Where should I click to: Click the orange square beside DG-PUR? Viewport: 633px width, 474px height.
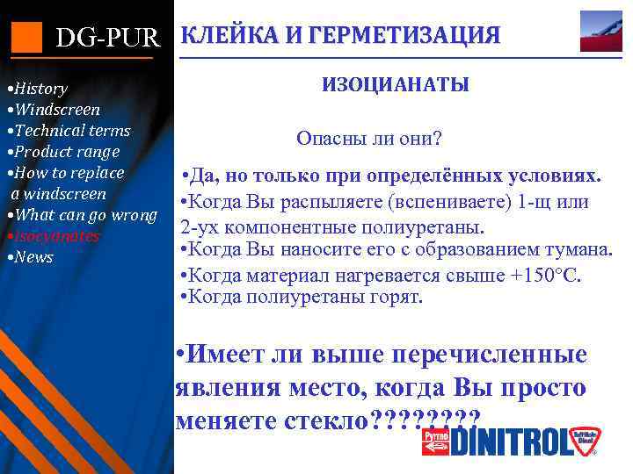[x=26, y=36]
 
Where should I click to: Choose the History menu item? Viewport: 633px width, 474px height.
[x=39, y=89]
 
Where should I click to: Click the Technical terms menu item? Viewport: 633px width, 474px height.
[x=70, y=131]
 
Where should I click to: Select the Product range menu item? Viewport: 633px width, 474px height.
[x=64, y=152]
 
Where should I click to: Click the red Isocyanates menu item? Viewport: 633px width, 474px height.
[x=55, y=236]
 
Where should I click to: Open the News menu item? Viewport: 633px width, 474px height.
[x=33, y=257]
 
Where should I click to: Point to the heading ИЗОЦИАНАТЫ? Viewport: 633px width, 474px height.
[x=396, y=85]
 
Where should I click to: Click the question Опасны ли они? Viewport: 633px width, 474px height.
[x=369, y=139]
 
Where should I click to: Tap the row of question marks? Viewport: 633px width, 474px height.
[x=426, y=419]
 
